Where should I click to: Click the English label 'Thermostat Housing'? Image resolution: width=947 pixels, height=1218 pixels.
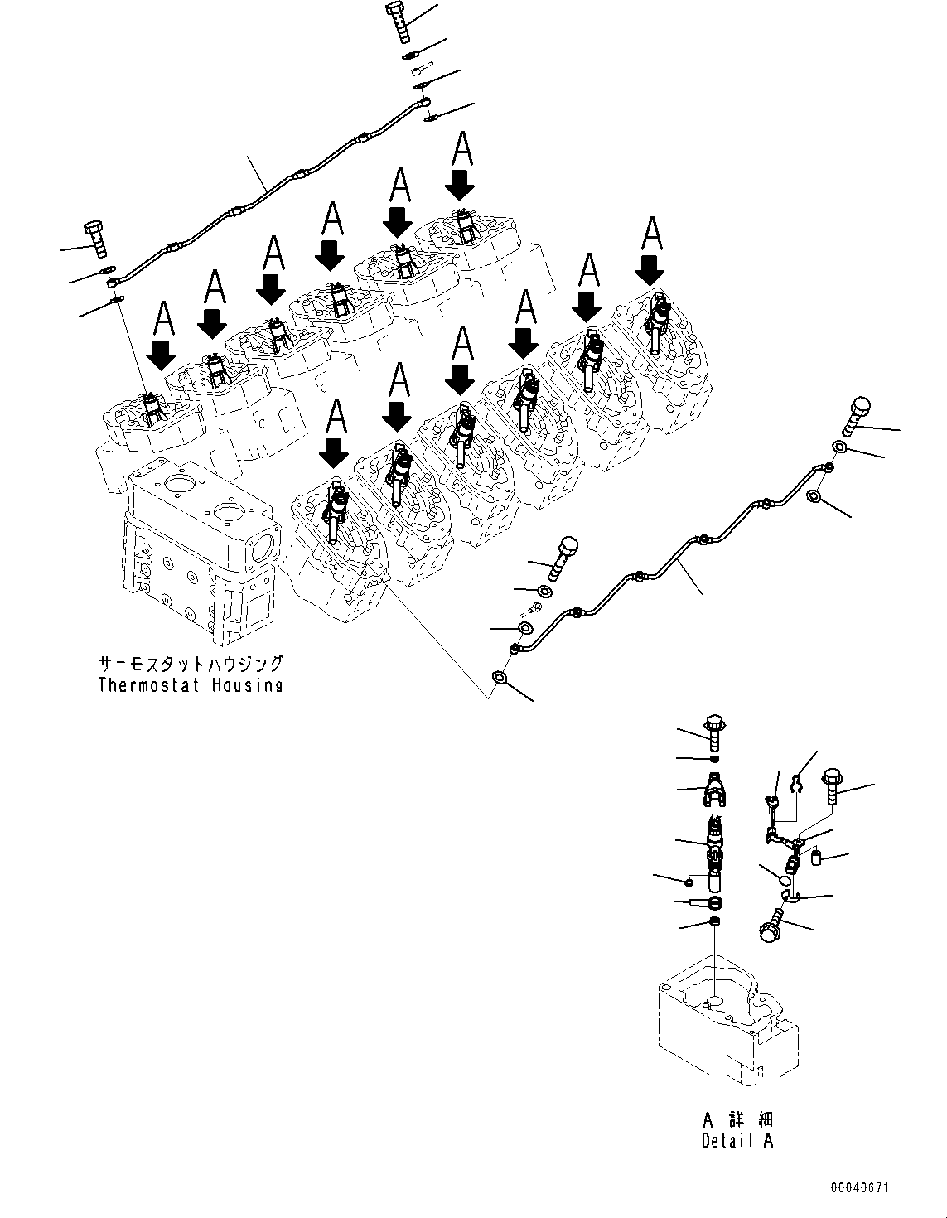click(191, 685)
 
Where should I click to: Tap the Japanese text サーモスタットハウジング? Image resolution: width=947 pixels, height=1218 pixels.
click(191, 664)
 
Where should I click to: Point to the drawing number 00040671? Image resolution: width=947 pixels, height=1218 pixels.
click(859, 1187)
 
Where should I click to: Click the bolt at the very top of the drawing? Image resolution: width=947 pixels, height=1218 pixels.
click(398, 22)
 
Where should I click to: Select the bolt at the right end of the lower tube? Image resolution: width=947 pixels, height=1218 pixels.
click(857, 417)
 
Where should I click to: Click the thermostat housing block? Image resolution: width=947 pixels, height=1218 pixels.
click(199, 547)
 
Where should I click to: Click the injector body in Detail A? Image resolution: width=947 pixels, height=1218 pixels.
click(715, 845)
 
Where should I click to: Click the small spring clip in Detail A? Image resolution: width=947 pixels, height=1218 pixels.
click(794, 782)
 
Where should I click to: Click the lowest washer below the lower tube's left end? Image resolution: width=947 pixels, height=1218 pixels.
click(500, 678)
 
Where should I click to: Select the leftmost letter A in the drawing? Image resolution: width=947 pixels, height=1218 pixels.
click(163, 317)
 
